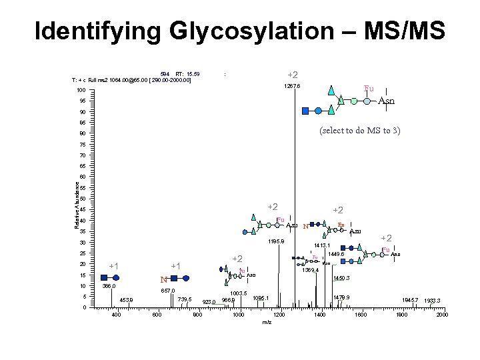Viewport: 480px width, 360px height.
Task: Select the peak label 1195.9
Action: [276, 242]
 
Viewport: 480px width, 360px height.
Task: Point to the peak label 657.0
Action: [167, 291]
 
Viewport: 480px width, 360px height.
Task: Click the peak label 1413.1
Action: [323, 246]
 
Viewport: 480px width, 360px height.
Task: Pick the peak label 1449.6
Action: [335, 254]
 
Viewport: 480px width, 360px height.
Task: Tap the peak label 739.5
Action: [185, 300]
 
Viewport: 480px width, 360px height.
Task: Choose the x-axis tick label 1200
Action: [279, 315]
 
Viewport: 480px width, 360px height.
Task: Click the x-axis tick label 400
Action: [115, 315]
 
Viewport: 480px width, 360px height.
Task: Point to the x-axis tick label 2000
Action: [441, 315]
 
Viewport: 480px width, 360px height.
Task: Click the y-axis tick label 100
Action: [80, 91]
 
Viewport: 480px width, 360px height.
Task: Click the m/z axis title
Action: [267, 322]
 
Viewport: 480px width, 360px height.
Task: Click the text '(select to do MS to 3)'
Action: [359, 131]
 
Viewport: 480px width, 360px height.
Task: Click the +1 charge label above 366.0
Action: [114, 267]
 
